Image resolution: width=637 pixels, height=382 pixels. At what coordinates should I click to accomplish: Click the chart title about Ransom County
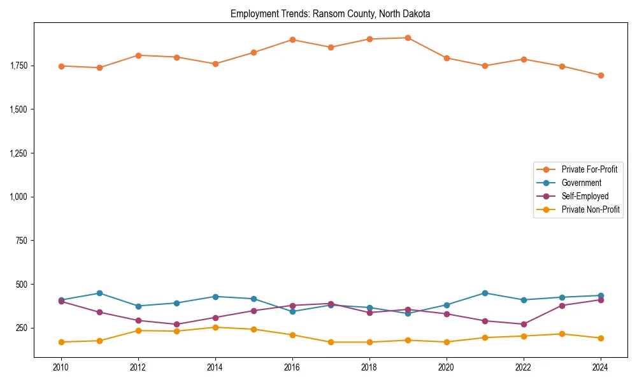330,14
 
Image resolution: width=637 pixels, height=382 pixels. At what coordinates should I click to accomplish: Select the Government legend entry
581,183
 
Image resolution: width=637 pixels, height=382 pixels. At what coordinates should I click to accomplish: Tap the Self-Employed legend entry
585,196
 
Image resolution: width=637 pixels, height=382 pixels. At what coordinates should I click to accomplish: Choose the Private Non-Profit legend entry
590,209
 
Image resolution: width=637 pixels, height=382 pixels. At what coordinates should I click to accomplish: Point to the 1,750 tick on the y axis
17,66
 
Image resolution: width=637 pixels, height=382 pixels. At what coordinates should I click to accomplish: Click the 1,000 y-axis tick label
17,197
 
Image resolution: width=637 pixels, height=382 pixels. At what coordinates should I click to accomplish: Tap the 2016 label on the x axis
292,367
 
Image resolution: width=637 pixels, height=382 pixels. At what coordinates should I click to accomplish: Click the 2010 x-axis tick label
61,367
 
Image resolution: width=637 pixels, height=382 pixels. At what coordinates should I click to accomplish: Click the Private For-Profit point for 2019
408,38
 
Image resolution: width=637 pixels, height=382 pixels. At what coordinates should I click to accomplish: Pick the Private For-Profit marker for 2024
601,75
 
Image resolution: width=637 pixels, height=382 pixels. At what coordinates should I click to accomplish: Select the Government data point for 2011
99,293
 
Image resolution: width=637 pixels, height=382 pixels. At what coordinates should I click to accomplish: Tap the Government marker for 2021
485,293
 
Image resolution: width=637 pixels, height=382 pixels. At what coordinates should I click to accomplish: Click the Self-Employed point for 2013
176,324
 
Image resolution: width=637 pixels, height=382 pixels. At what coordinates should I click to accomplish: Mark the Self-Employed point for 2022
524,324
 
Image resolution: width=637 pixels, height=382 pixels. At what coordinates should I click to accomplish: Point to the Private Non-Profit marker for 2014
215,327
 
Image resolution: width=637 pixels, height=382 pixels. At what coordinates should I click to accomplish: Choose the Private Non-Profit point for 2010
61,342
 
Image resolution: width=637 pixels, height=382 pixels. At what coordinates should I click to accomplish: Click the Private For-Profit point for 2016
292,39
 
